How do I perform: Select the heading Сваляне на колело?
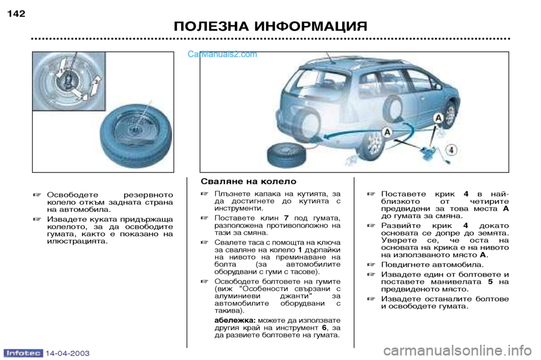point(249,181)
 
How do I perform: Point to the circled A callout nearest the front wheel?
point(438,117)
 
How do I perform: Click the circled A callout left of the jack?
point(387,131)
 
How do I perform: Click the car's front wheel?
point(451,115)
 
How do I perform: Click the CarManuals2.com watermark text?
point(222,55)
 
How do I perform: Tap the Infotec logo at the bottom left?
point(25,353)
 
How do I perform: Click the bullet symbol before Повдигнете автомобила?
point(370,264)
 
